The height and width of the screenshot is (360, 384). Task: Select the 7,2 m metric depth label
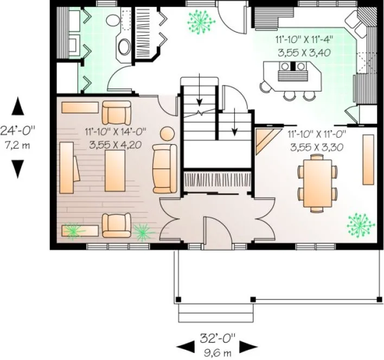point(18,145)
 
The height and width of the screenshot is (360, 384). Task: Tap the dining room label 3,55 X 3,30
point(315,147)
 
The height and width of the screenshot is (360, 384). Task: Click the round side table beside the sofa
point(168,133)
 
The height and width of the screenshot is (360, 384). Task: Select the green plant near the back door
point(200,20)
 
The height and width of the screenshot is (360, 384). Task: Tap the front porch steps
point(215,313)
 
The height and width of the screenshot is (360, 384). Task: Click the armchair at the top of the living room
point(117,112)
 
